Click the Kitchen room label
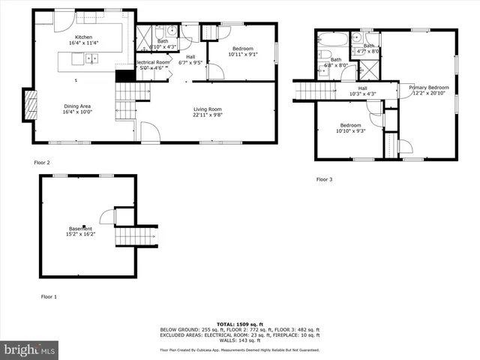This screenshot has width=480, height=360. coord(83,37)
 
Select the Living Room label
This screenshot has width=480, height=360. coord(207,109)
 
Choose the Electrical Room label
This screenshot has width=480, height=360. coord(152,62)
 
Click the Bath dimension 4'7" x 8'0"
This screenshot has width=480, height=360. coord(369,51)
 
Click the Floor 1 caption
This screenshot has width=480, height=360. coord(48,297)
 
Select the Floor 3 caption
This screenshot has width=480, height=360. coord(324,179)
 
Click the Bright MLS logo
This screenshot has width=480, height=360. coord(29,349)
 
